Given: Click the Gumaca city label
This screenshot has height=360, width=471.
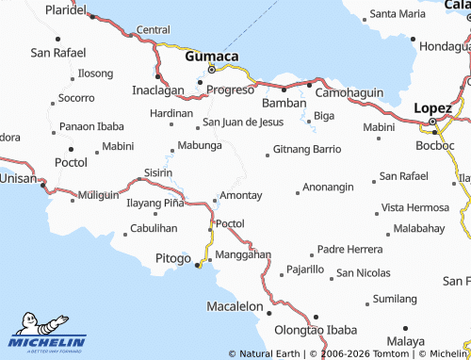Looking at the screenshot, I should pos(212,57).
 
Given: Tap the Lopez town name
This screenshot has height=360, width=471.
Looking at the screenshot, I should pos(438,107).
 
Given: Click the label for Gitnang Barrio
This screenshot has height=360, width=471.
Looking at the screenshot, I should pos(307,149).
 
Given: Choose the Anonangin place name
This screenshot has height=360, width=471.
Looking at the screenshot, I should pos(329,187).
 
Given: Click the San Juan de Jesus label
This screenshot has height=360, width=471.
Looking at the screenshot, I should pos(243,122).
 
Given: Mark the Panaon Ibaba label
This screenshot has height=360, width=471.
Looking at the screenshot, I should pos(91,126).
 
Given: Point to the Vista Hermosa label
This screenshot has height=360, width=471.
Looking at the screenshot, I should pos(415,207).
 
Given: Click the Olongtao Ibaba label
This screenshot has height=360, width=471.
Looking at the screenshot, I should pos(316,330).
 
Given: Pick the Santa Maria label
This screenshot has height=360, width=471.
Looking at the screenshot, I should pos(398,14).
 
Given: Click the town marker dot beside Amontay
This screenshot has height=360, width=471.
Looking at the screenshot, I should pos(216,198).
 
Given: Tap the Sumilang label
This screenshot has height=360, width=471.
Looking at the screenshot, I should pos(395,299).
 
